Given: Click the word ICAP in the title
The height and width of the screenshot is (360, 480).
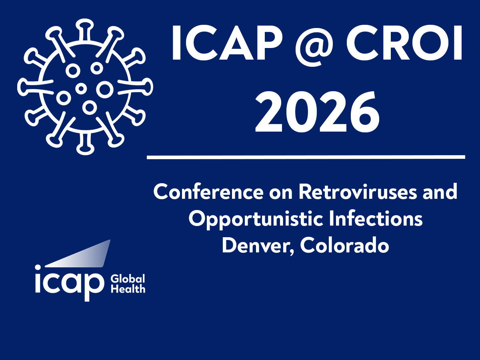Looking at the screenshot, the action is [227, 43].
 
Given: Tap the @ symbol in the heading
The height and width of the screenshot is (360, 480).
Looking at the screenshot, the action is [314, 46].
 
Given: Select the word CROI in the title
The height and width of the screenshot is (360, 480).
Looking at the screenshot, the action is [404, 43].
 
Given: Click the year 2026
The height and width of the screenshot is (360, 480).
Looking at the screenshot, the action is [317, 112].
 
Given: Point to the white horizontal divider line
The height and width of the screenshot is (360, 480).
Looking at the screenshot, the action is [306, 157].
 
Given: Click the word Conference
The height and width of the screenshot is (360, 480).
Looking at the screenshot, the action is [208, 192].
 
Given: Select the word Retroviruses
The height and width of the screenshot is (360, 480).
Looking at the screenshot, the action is [358, 192].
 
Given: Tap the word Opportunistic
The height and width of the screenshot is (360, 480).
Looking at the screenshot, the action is [256, 219].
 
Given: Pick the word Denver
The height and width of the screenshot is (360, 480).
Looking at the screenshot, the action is [258, 245].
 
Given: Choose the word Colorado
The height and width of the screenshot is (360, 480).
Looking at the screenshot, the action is [345, 245].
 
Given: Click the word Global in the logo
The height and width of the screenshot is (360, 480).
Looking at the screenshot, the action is [128, 279].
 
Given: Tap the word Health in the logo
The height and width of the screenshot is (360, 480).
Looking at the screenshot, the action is [128, 288].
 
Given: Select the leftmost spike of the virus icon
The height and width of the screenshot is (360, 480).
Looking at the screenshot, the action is [35, 87].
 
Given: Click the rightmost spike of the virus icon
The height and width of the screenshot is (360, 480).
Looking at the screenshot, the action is [136, 87].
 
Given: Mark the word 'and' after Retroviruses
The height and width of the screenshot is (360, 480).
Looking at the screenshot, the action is [440, 192].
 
